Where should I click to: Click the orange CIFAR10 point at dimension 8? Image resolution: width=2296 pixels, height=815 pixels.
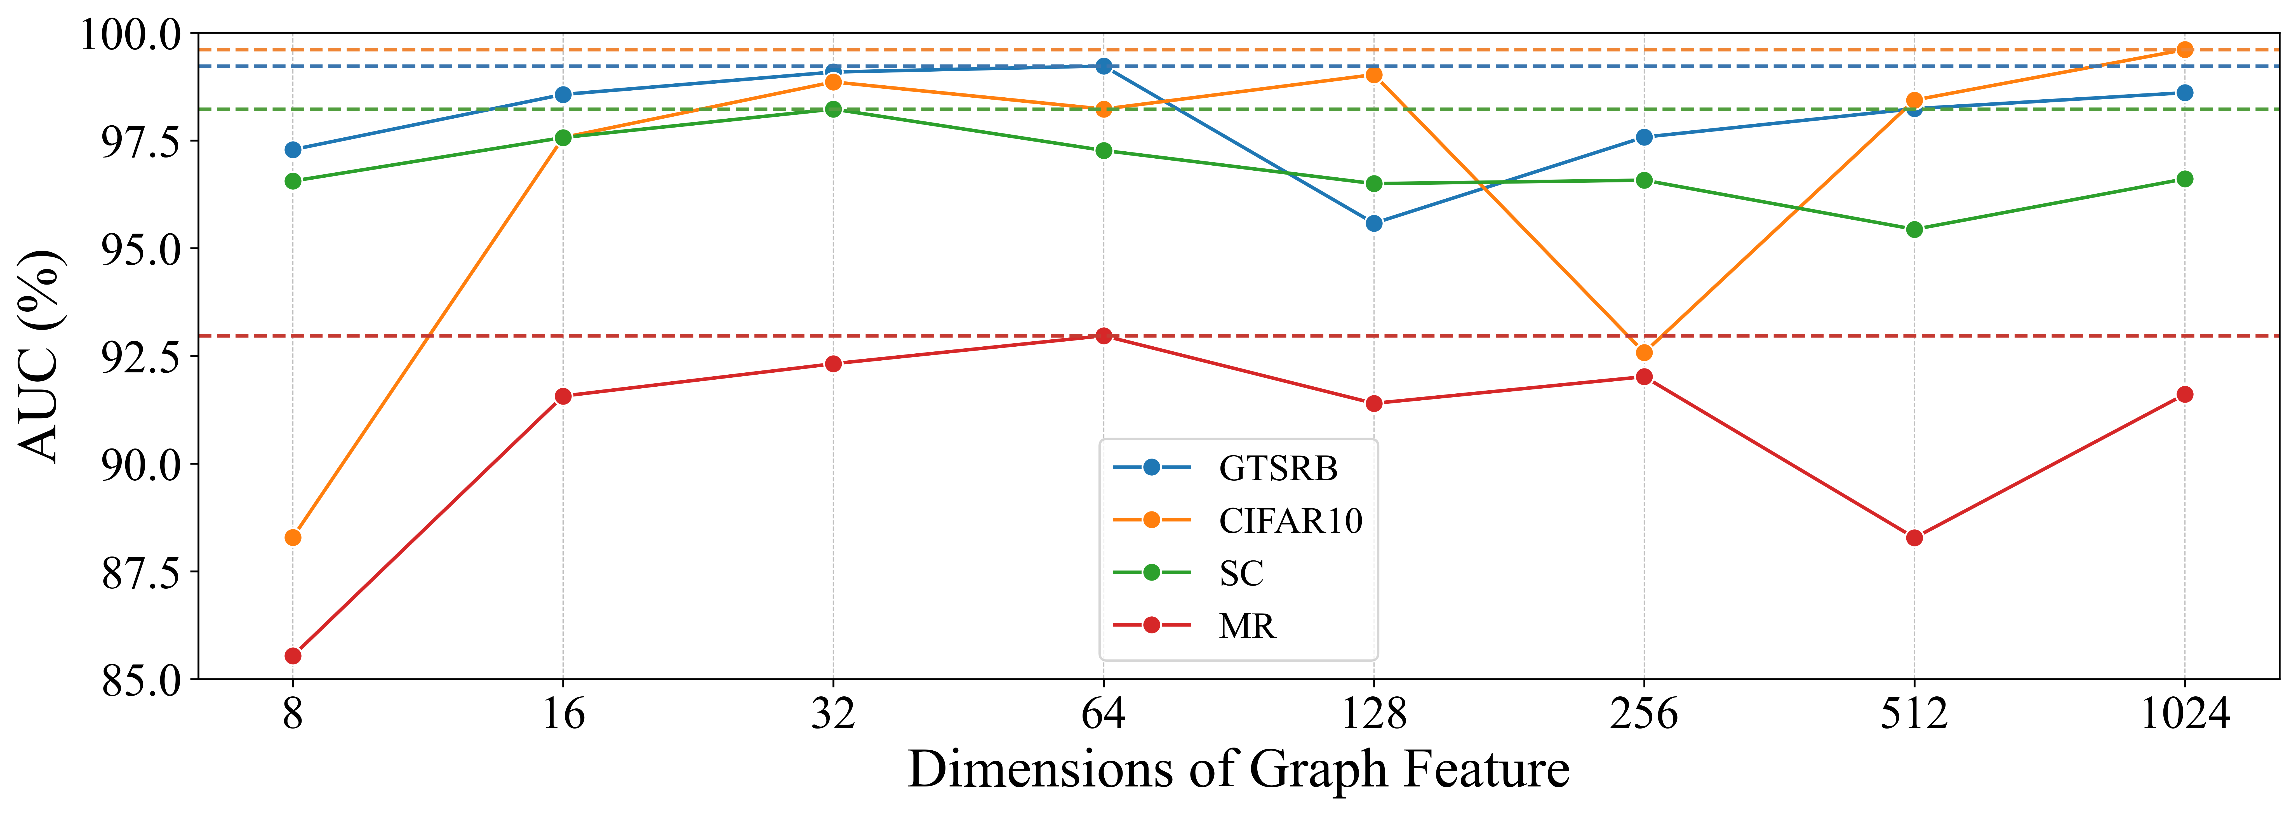tap(292, 537)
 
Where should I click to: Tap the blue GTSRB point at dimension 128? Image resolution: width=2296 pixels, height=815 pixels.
tap(1373, 223)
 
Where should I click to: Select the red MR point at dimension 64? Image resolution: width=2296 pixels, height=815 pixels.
tap(1104, 335)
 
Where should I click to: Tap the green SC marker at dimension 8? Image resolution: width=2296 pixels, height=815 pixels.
tap(292, 181)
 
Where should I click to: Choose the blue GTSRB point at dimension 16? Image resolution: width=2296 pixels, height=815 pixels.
tap(563, 95)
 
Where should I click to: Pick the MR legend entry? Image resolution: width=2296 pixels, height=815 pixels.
tap(1247, 626)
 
